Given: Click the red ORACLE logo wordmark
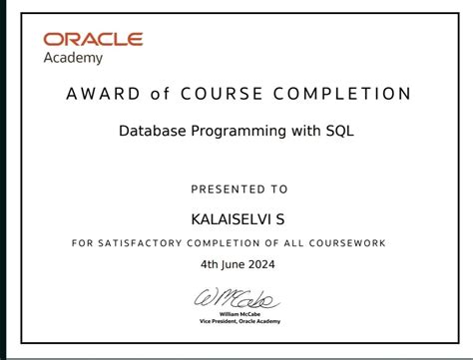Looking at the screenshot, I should pyautogui.click(x=93, y=40).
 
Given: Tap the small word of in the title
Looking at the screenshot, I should pyautogui.click(x=160, y=95).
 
